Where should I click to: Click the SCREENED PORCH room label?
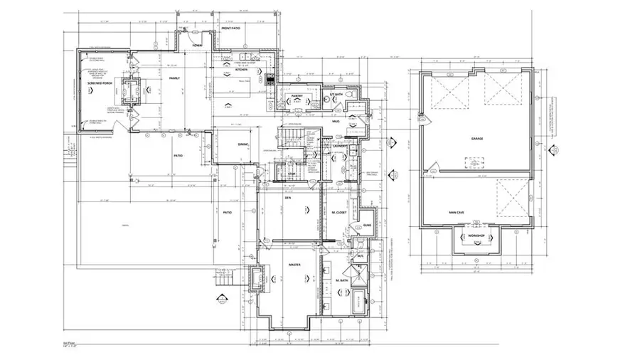tap(100, 84)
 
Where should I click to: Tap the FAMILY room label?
tap(174, 78)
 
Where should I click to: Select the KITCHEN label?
tap(242, 70)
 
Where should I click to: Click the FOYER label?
tap(198, 45)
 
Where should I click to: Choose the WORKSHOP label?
tap(476, 235)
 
